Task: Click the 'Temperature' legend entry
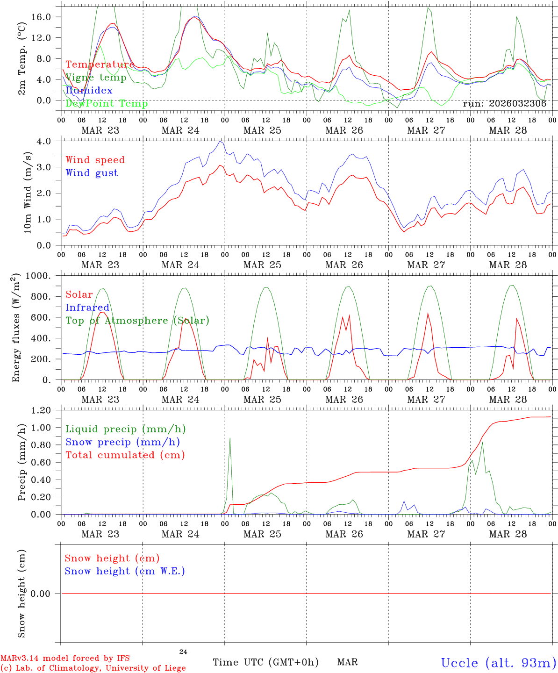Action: [x=100, y=64]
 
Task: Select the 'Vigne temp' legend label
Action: [x=96, y=78]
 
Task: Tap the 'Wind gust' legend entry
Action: [x=92, y=173]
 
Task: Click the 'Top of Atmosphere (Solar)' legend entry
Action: [x=137, y=321]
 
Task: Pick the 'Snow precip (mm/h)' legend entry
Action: [x=122, y=442]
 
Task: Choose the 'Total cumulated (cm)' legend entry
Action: [x=125, y=455]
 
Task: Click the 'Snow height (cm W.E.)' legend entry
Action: [x=125, y=571]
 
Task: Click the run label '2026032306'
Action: [x=504, y=104]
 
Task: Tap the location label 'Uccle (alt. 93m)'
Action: [x=498, y=663]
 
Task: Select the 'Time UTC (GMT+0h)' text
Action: [x=265, y=662]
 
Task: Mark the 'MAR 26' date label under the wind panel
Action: [x=344, y=265]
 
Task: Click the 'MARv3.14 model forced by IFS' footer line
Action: [x=65, y=659]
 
